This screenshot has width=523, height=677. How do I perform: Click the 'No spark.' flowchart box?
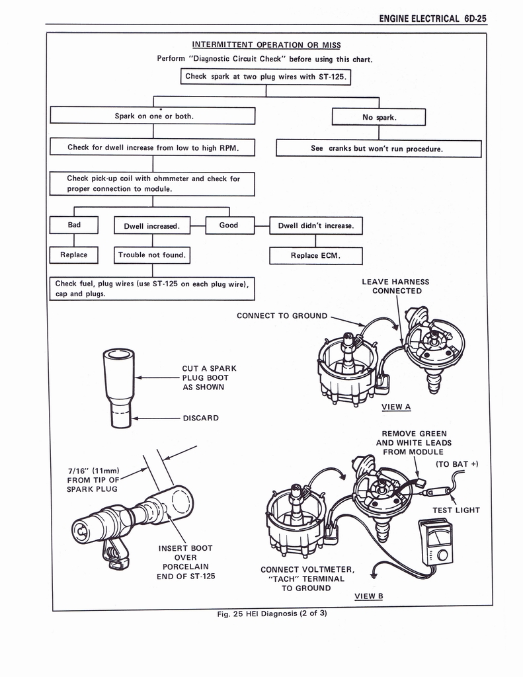point(378,117)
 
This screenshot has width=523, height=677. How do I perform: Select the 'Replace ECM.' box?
point(315,256)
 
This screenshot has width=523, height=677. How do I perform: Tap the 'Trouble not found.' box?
point(152,255)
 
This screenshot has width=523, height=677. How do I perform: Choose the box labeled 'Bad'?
point(74,225)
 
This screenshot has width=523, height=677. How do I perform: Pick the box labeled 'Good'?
point(229,225)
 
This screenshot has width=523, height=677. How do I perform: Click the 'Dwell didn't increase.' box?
point(315,226)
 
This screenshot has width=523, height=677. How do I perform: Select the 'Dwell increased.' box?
point(152,226)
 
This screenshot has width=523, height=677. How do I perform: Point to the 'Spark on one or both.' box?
point(153,116)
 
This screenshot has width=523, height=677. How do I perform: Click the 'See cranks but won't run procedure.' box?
point(378,148)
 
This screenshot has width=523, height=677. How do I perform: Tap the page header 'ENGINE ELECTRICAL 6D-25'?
point(433,18)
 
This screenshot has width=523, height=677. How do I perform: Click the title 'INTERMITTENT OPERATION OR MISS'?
point(266,45)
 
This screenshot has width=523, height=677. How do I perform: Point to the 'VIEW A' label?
point(396,407)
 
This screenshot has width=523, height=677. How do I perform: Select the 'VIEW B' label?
point(369,596)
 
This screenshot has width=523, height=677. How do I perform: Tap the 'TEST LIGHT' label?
point(456,510)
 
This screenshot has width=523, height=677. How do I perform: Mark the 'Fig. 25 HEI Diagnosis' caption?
point(272,613)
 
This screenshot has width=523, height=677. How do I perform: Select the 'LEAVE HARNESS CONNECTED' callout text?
point(395,286)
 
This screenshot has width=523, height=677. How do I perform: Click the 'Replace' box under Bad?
point(73,255)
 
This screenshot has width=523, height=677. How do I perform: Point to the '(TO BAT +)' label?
point(457,463)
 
